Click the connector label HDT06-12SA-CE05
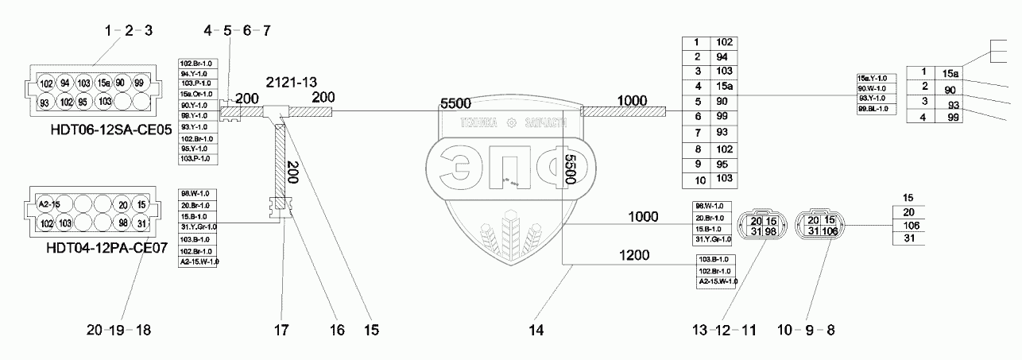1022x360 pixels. click(104, 132)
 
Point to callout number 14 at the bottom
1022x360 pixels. click(538, 329)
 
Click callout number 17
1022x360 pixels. click(284, 329)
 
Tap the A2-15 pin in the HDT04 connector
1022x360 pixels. click(48, 205)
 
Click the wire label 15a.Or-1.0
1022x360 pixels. click(195, 95)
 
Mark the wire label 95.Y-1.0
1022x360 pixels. click(195, 149)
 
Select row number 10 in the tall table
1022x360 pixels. click(696, 181)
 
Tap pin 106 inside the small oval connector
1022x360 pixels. click(830, 231)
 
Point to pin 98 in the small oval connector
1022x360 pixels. click(772, 231)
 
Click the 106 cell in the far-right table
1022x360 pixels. click(908, 225)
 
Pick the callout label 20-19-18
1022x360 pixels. click(122, 329)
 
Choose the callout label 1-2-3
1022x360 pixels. click(127, 31)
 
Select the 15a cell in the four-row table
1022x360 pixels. click(950, 73)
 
